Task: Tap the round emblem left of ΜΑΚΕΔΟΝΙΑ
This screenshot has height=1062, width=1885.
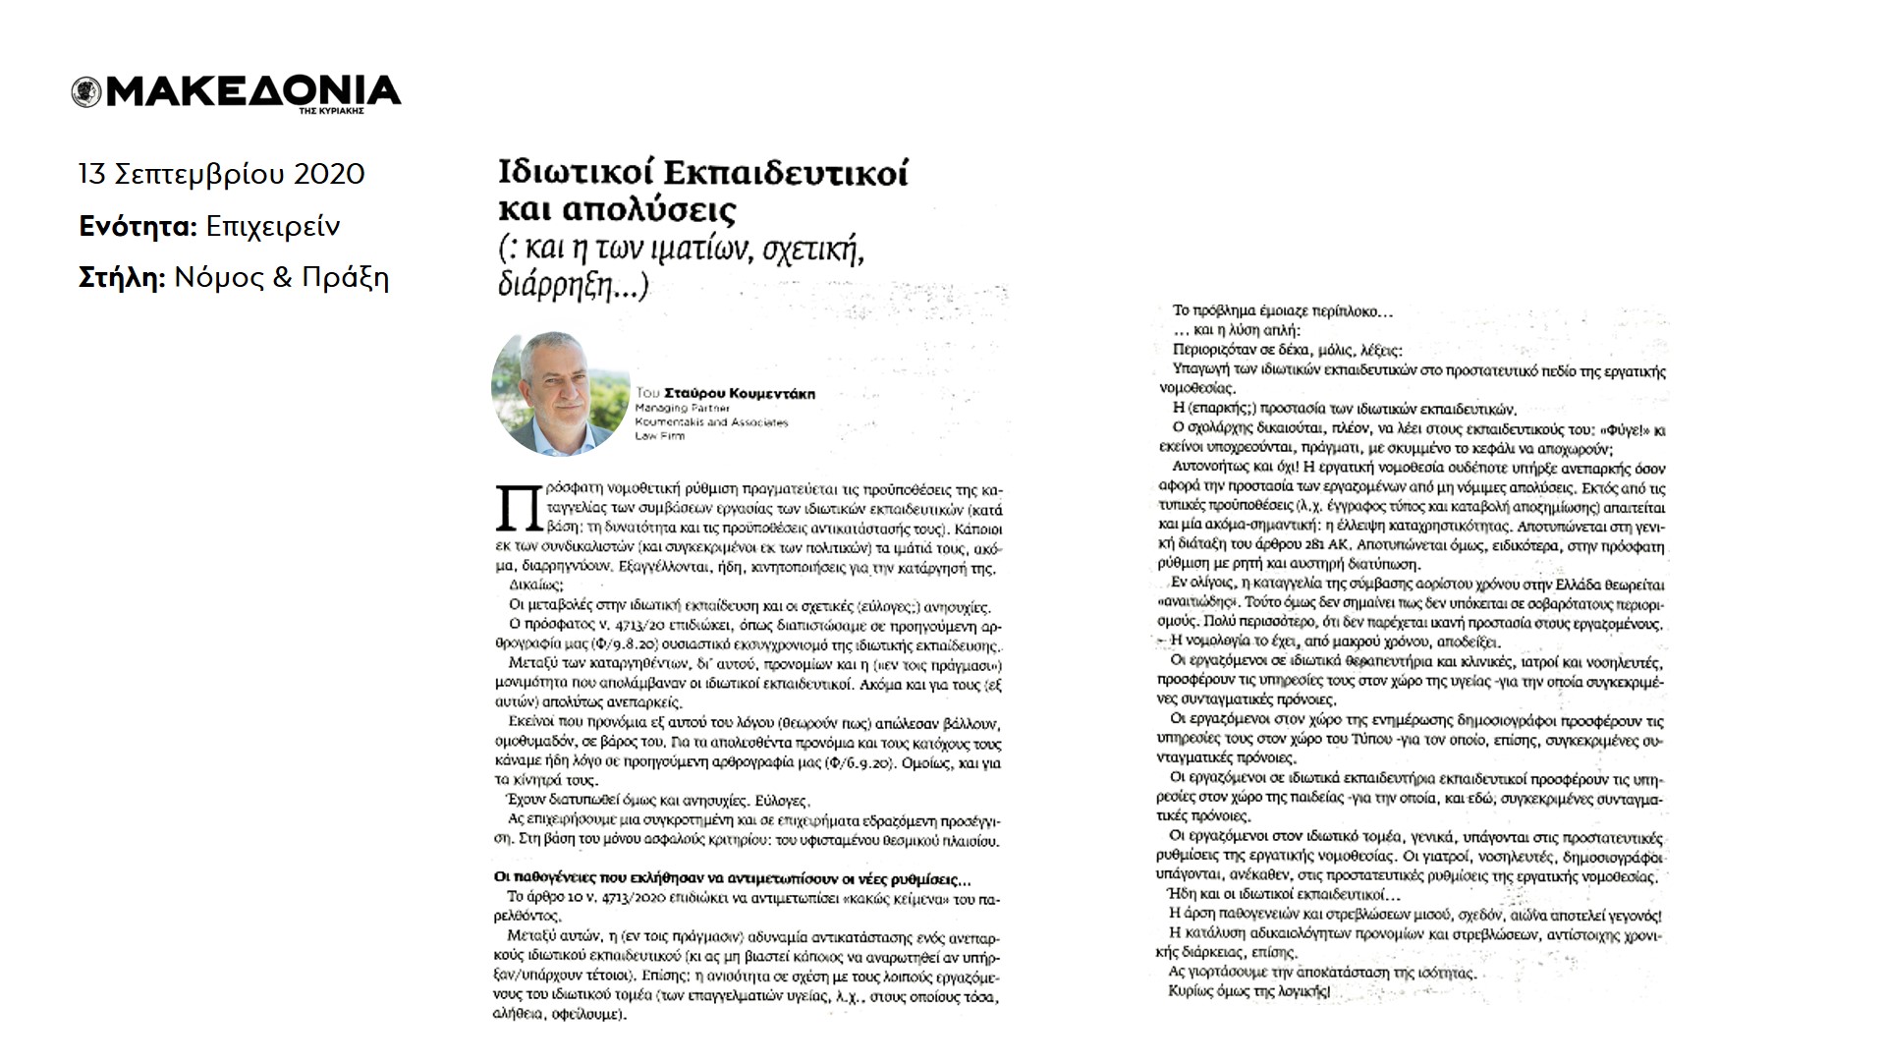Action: coord(86,92)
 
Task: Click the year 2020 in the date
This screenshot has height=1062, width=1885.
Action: coord(329,175)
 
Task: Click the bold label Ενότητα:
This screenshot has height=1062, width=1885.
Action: coord(139,227)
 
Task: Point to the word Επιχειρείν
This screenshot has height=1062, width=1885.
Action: coord(273,227)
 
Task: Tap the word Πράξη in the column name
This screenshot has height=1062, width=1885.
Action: coord(345,278)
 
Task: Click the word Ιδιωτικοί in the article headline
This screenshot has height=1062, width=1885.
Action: coord(577,173)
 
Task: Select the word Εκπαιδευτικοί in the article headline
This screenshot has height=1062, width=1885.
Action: coord(786,173)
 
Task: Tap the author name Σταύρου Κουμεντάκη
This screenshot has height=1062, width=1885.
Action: coord(740,394)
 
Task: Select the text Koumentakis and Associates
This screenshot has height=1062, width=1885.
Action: coord(711,421)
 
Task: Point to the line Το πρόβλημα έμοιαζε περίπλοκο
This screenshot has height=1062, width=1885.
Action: coord(1283,311)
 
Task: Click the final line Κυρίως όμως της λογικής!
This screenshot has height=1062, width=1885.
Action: coord(1248,991)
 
